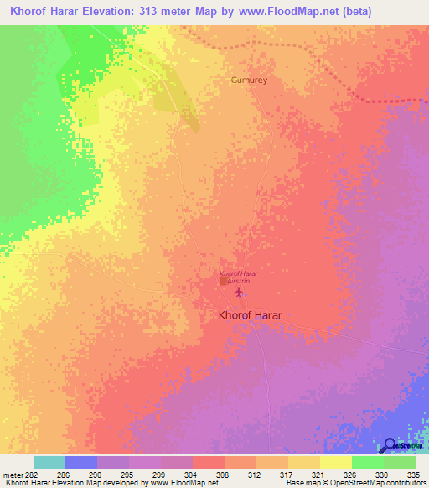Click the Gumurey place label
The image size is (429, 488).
[248, 80]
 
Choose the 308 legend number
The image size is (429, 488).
[223, 474]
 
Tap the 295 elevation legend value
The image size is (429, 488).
[127, 474]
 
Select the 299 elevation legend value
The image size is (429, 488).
[159, 474]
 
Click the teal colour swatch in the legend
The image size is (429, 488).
[49, 462]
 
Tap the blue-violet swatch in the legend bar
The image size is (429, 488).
[81, 462]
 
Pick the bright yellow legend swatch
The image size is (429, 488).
[336, 462]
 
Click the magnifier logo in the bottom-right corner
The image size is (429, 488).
[390, 445]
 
